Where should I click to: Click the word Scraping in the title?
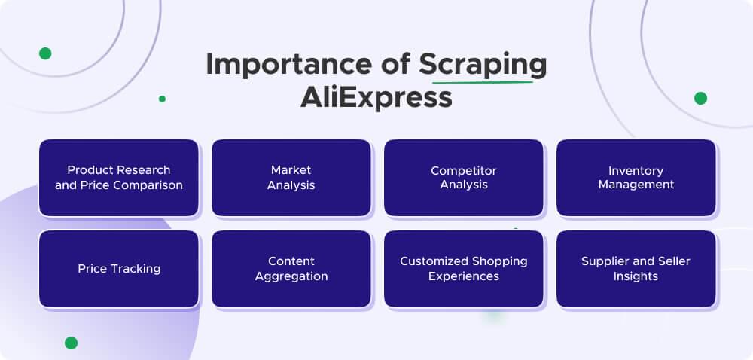pyautogui.click(x=483, y=65)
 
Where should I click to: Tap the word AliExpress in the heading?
pyautogui.click(x=376, y=98)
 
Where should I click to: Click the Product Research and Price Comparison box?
pyautogui.click(x=119, y=178)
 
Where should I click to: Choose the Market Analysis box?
pyautogui.click(x=291, y=178)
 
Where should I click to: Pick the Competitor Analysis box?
pyautogui.click(x=464, y=178)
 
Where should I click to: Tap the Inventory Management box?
pyautogui.click(x=636, y=178)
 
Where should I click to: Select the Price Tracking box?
pyautogui.click(x=119, y=269)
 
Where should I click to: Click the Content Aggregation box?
pyautogui.click(x=291, y=269)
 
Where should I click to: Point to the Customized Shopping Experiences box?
pyautogui.click(x=464, y=269)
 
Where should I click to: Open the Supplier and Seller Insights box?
pyautogui.click(x=636, y=269)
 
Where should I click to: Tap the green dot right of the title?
pyautogui.click(x=700, y=98)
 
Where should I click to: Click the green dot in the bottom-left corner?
pyautogui.click(x=71, y=343)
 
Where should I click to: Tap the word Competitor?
pyautogui.click(x=464, y=171)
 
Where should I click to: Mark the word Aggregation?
pyautogui.click(x=291, y=276)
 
